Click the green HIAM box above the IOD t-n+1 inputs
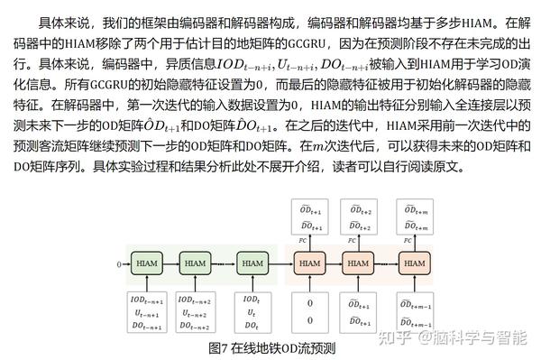coord(144,263)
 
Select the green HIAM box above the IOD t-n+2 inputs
coord(196,263)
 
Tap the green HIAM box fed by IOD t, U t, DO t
coord(252,263)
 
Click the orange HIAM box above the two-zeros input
coord(309,263)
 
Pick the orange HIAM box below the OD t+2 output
coord(359,263)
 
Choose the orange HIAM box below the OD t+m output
coord(416,263)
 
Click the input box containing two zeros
coord(309,311)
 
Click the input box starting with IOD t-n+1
coord(144,312)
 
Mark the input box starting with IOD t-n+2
coord(196,312)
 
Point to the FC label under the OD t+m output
coord(407,241)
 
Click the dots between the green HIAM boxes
coord(224,263)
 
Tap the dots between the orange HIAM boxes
coord(388,263)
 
